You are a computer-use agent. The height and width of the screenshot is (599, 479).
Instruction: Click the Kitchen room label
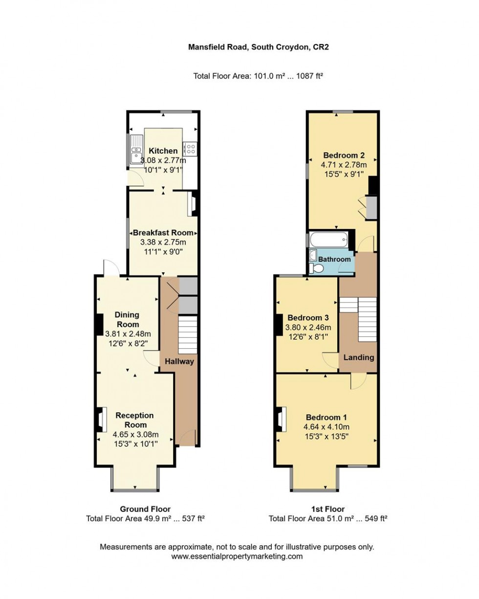(163, 151)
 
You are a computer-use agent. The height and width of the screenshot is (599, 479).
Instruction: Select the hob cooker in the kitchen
(190, 149)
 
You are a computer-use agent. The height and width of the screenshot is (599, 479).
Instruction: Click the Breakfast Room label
(163, 233)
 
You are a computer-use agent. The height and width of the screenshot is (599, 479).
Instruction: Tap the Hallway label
(179, 362)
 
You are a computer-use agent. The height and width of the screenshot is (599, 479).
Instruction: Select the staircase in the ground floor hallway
(186, 335)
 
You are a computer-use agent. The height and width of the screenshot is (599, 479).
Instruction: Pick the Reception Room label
(134, 420)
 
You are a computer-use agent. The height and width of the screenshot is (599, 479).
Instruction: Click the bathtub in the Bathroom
(328, 240)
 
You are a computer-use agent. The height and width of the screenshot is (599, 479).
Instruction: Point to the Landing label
(359, 357)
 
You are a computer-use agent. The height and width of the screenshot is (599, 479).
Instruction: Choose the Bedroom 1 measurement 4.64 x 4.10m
(326, 427)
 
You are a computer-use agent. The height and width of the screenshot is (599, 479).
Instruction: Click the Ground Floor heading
(145, 509)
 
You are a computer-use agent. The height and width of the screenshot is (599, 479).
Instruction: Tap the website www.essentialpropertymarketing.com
(237, 556)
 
